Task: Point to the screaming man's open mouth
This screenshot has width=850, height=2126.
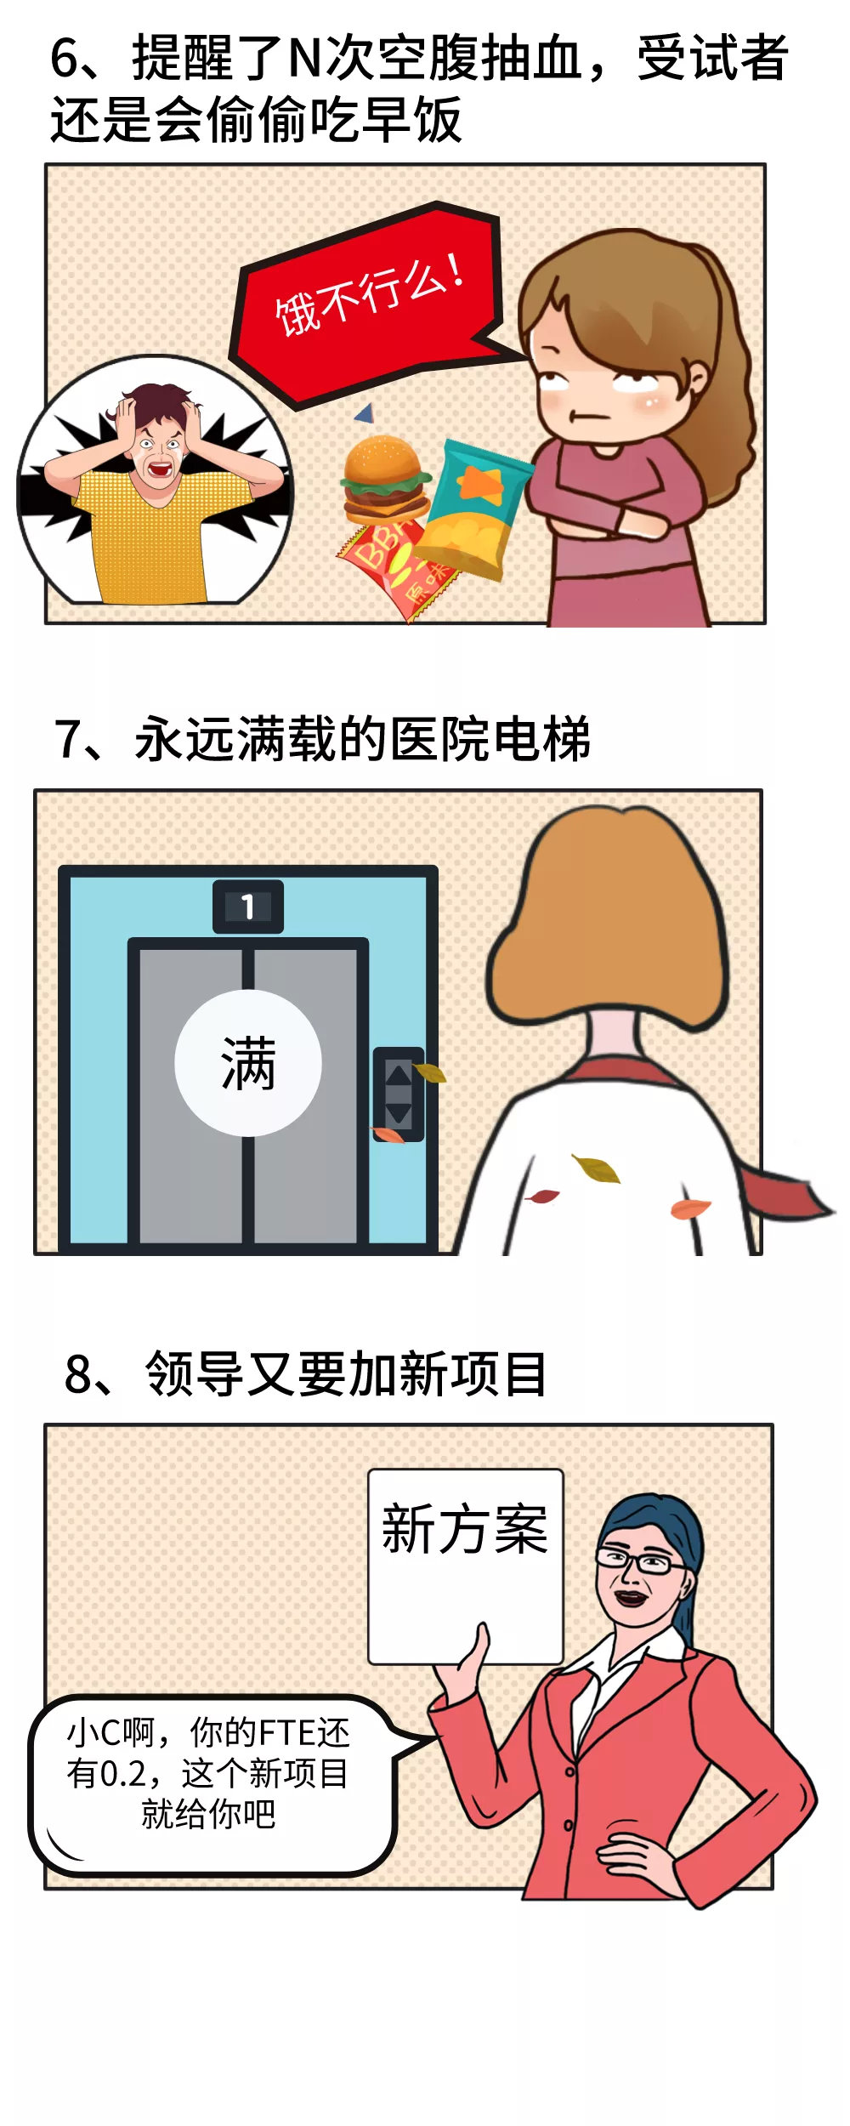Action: click(x=159, y=467)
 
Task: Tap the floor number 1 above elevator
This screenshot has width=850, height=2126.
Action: click(x=247, y=907)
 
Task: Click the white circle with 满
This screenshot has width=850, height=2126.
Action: click(x=247, y=1063)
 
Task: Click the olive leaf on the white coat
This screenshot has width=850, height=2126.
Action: click(x=597, y=1168)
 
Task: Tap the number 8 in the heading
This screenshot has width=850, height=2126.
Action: click(x=80, y=1374)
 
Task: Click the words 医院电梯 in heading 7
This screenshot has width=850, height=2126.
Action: click(x=489, y=740)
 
